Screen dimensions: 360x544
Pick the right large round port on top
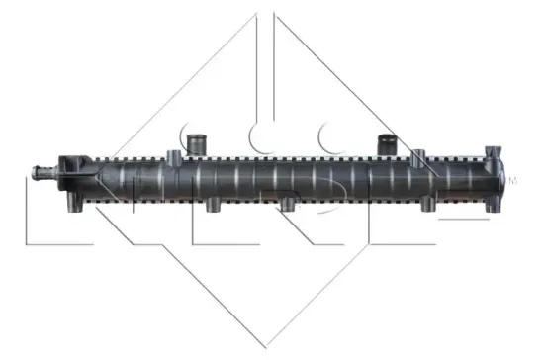386,143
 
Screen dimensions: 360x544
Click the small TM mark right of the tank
512,181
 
